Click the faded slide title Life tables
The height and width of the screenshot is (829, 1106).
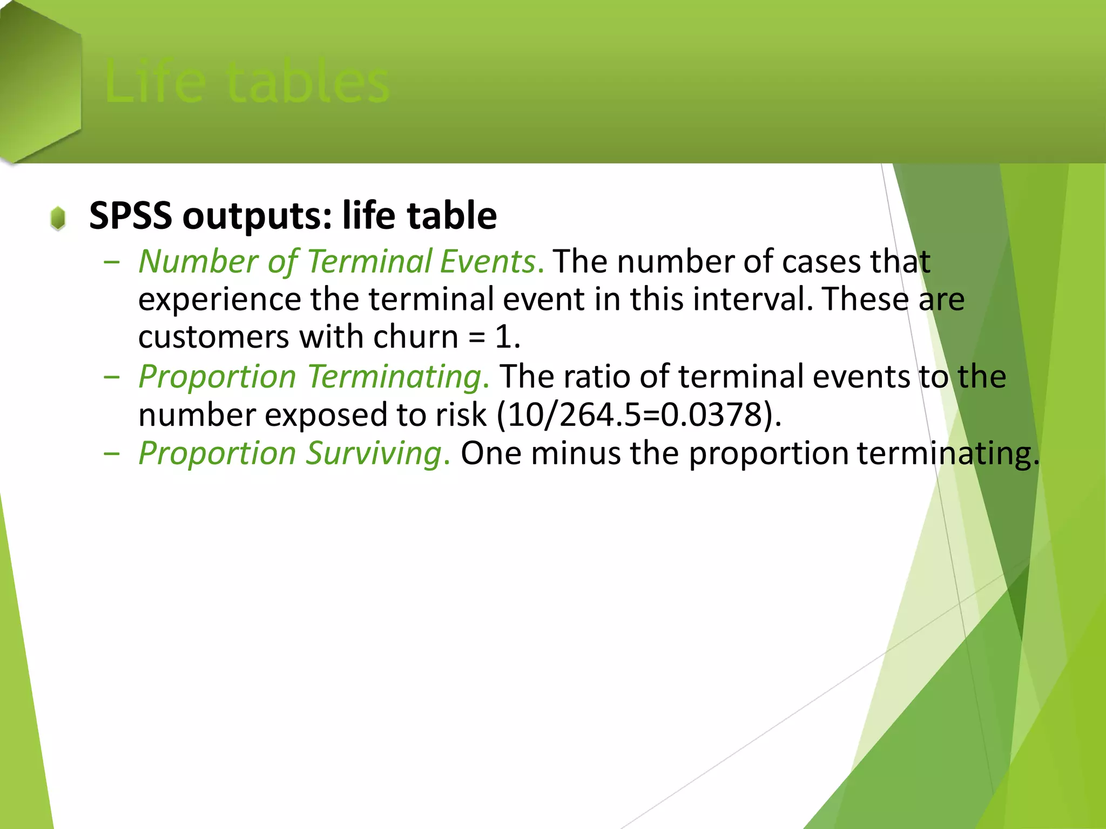pos(247,82)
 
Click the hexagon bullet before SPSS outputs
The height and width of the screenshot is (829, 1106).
pos(58,218)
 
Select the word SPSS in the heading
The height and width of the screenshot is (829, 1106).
pos(130,215)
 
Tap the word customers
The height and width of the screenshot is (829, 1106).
pos(213,337)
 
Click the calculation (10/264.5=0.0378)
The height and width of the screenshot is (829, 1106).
pos(638,415)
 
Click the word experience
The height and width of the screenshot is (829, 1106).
pos(219,299)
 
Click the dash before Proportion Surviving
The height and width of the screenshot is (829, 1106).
pos(112,453)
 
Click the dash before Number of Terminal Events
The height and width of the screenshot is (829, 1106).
pos(112,262)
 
